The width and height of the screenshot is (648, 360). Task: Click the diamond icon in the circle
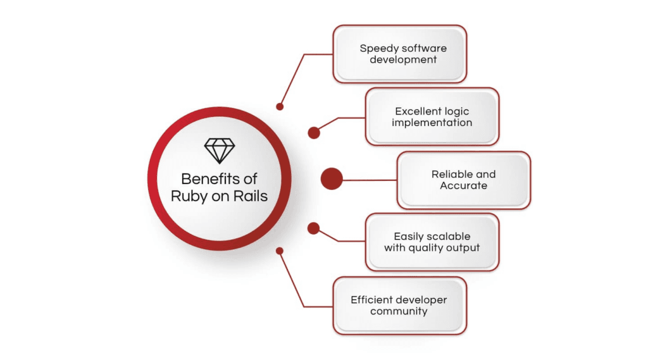point(220,151)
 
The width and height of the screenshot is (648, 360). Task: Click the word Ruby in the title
point(189,197)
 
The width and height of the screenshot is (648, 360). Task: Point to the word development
point(403,59)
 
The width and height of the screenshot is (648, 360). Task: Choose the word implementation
point(432,123)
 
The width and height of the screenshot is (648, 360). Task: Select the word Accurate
point(463,185)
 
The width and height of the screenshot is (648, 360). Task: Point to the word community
point(399,311)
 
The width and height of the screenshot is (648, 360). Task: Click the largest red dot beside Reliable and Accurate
point(332,179)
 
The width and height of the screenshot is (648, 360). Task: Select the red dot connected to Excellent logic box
point(314,133)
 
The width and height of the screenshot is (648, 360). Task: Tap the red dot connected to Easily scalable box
point(314,228)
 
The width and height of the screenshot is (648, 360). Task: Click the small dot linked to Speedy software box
point(280,107)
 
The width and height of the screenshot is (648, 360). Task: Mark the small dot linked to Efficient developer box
point(280,251)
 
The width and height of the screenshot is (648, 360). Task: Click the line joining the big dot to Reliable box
point(370,180)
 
